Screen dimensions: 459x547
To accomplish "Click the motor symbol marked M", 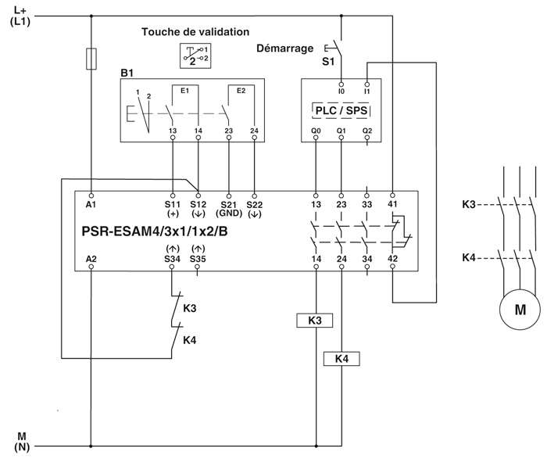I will coord(520,310).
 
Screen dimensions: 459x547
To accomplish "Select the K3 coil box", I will coord(316,321).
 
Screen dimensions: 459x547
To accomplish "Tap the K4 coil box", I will coord(341,359).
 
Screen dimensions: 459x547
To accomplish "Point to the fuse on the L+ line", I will coord(92,59).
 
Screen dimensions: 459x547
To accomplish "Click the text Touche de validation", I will coord(195,32).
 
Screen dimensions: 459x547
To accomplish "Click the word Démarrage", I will coord(285,48).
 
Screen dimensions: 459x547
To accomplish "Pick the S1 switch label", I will coord(328,60).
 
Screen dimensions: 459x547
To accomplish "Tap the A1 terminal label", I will coord(91,204).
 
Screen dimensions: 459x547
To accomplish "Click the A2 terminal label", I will coord(91,257).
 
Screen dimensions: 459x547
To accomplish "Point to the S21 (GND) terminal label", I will coord(228,209).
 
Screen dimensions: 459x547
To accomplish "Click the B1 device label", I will coord(127,73).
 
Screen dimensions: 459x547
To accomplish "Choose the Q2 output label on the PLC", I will coord(367,131).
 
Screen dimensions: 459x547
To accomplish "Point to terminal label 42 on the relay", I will coord(392,257).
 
